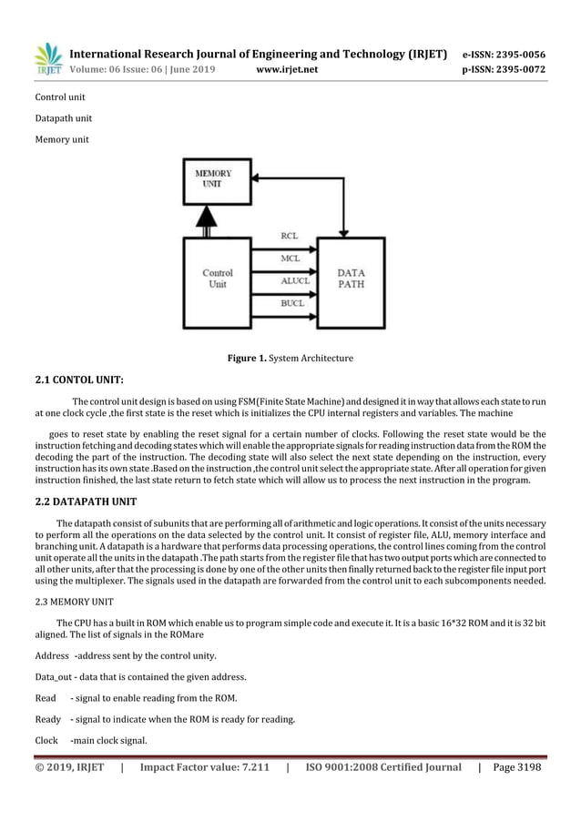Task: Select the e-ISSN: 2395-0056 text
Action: click(500, 52)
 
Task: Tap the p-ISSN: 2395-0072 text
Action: click(500, 67)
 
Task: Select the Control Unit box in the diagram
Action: click(217, 279)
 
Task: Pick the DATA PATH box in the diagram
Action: click(352, 279)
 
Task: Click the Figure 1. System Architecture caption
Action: click(290, 358)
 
